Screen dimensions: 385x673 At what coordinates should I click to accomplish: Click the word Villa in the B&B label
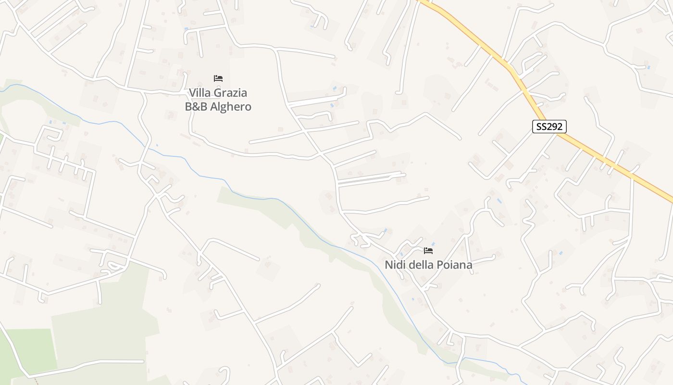point(199,92)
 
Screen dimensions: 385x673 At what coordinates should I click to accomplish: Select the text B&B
point(196,106)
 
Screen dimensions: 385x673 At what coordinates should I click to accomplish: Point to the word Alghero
point(231,107)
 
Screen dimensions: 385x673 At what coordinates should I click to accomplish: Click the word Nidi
point(394,265)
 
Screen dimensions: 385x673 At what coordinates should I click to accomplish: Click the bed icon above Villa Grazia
point(218,78)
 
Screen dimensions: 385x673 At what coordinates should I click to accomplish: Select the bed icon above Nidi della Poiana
point(428,250)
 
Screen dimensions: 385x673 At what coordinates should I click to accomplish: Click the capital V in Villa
point(192,92)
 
